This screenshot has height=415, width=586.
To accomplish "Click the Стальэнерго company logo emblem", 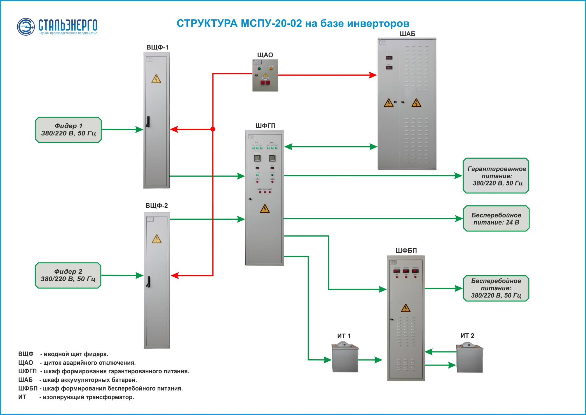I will pyautogui.click(x=26, y=27).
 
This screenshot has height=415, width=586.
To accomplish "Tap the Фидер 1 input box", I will pyautogui.click(x=68, y=130).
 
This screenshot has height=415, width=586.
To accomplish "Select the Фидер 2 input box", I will pyautogui.click(x=68, y=275).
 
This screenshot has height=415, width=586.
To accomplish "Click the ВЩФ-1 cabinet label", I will pyautogui.click(x=157, y=47).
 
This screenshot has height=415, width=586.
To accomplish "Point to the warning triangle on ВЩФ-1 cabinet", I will pyautogui.click(x=156, y=79).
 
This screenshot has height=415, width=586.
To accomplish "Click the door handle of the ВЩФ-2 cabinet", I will pyautogui.click(x=148, y=282).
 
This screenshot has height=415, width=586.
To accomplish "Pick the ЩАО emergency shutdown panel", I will pyautogui.click(x=265, y=75).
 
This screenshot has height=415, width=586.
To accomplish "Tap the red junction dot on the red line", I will pyautogui.click(x=213, y=129).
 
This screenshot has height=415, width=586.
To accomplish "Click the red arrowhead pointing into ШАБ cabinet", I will pyautogui.click(x=373, y=75).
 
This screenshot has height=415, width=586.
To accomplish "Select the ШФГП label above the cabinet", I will pyautogui.click(x=265, y=126).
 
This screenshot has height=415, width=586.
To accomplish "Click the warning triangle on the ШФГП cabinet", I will pyautogui.click(x=265, y=209).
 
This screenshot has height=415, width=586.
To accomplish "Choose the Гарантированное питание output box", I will pyautogui.click(x=496, y=176).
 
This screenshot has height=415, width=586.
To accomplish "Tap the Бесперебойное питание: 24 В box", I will pyautogui.click(x=496, y=219).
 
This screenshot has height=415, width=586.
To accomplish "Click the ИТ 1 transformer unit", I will pyautogui.click(x=345, y=359).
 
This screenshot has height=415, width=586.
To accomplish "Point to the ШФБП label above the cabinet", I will pyautogui.click(x=406, y=250).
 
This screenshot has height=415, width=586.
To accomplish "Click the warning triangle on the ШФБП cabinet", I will pyautogui.click(x=405, y=308).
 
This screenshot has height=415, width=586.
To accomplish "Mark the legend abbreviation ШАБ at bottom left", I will pyautogui.click(x=25, y=380).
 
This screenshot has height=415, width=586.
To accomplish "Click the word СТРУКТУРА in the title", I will pyautogui.click(x=207, y=24).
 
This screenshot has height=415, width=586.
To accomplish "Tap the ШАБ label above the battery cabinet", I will pyautogui.click(x=407, y=34).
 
